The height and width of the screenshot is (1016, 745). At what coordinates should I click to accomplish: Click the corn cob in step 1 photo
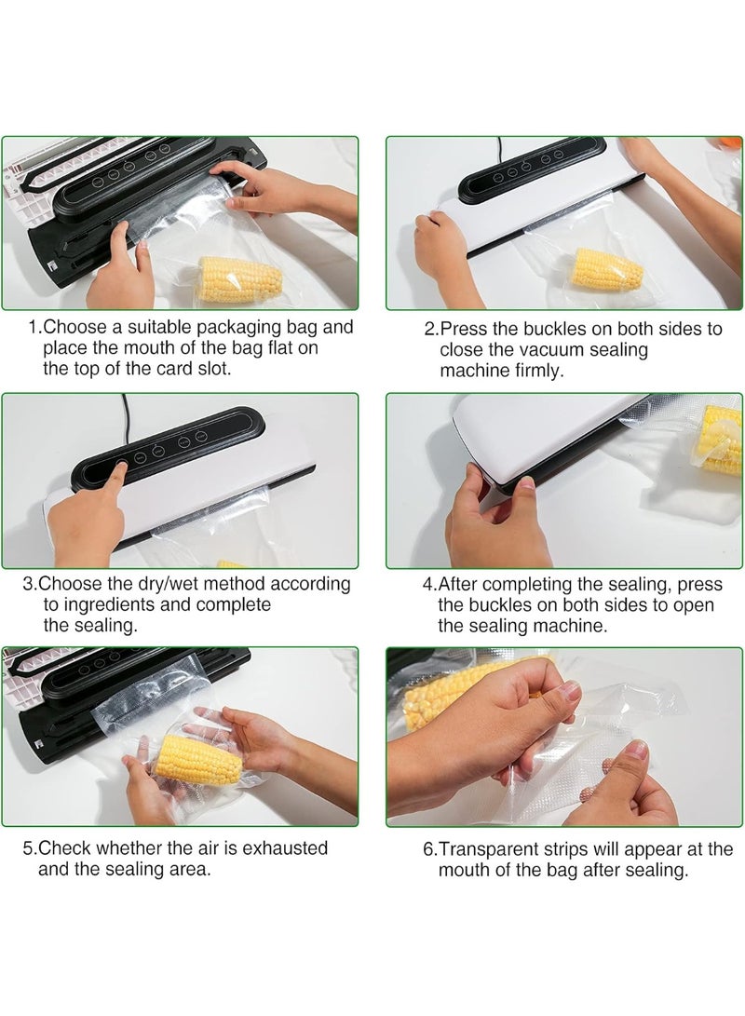click(239, 280)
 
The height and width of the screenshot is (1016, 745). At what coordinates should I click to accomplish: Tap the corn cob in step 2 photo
click(606, 270)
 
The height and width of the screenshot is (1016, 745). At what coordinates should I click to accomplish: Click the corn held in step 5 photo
click(199, 760)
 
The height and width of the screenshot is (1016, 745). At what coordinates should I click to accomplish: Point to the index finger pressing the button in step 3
click(115, 480)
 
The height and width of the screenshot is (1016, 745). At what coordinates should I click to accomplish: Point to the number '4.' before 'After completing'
click(429, 584)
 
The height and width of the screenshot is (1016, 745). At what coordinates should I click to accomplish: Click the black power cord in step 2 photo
click(499, 148)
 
